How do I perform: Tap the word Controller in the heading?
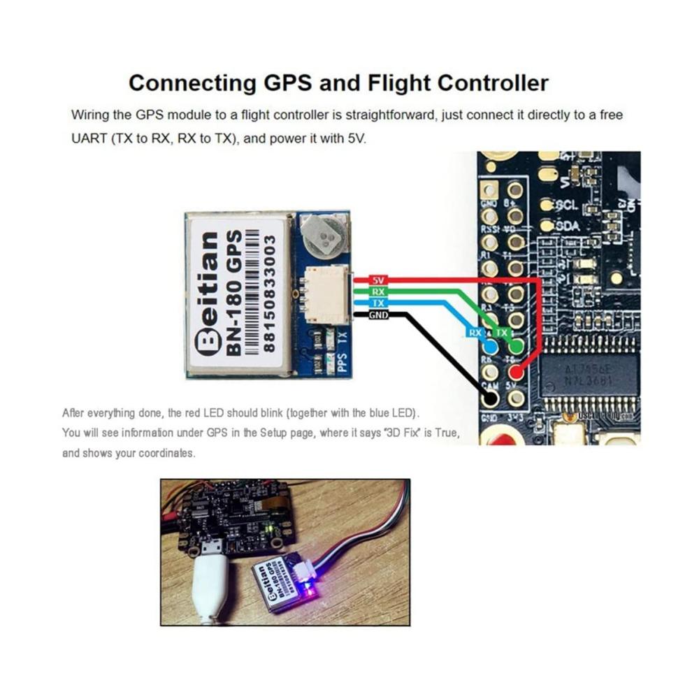[x=493, y=83]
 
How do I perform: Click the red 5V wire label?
[x=379, y=280]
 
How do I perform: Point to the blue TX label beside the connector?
[x=378, y=303]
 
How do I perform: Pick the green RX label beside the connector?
[x=378, y=291]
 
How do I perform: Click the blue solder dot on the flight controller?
[x=491, y=347]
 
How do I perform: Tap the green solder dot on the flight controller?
[x=516, y=346]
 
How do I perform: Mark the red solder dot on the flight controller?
[x=517, y=373]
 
